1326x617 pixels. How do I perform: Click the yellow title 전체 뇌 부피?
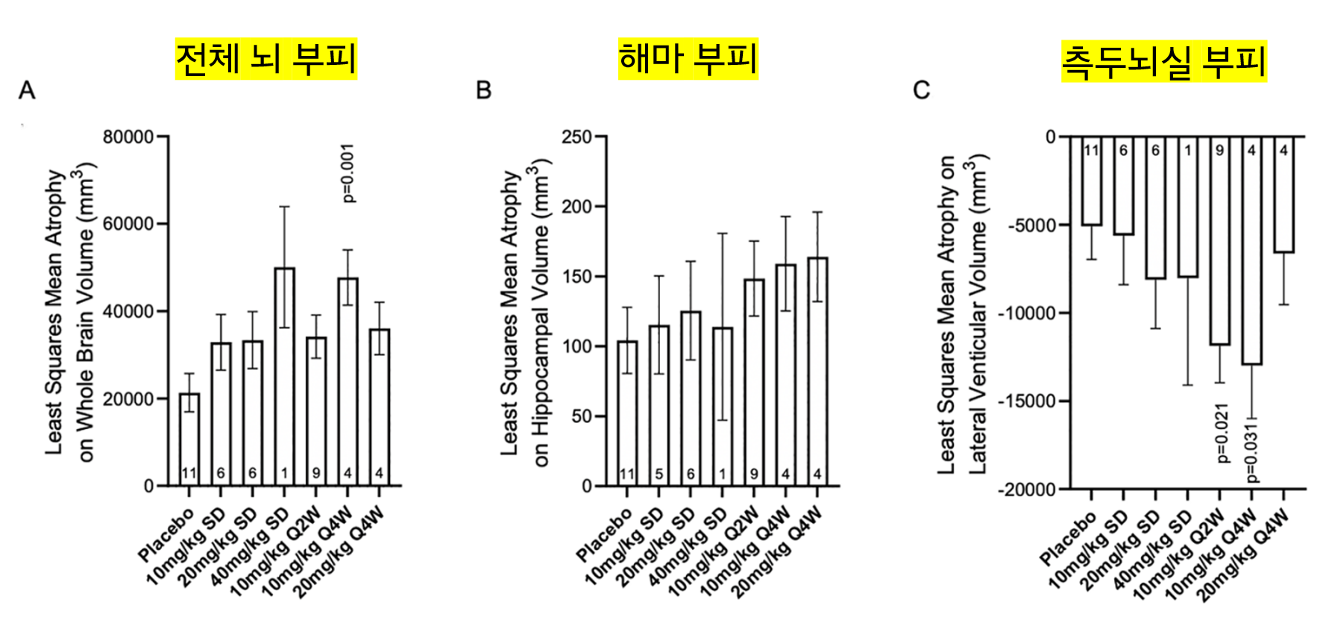265,59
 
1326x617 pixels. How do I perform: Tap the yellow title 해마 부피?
688,59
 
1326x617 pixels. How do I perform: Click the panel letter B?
483,90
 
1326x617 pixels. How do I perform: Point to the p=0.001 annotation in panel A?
348,173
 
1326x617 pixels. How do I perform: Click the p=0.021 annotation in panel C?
1222,433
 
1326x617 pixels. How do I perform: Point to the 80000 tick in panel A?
128,137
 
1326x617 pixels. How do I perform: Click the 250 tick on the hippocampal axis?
576,137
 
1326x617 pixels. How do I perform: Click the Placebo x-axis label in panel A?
166,535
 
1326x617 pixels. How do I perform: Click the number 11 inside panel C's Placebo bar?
1091,151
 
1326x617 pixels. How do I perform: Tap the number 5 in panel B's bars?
659,474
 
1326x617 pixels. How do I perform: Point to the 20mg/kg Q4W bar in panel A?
380,407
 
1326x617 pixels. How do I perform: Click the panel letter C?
921,90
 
